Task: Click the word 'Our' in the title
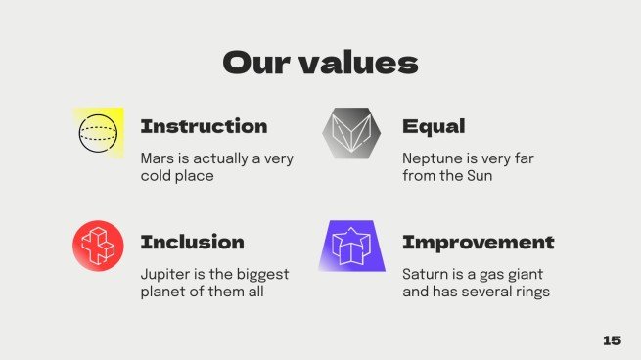pyautogui.click(x=256, y=63)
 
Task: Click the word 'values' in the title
pyautogui.click(x=359, y=62)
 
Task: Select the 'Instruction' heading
pyautogui.click(x=204, y=126)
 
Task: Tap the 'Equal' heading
pyautogui.click(x=434, y=126)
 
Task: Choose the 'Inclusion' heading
pyautogui.click(x=193, y=242)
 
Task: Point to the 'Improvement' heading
pyautogui.click(x=479, y=243)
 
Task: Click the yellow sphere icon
pyautogui.click(x=99, y=133)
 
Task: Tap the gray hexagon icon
pyautogui.click(x=351, y=133)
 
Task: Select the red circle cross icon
pyautogui.click(x=98, y=246)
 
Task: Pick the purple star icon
pyautogui.click(x=352, y=246)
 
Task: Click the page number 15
pyautogui.click(x=612, y=340)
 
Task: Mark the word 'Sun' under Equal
pyautogui.click(x=480, y=176)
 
